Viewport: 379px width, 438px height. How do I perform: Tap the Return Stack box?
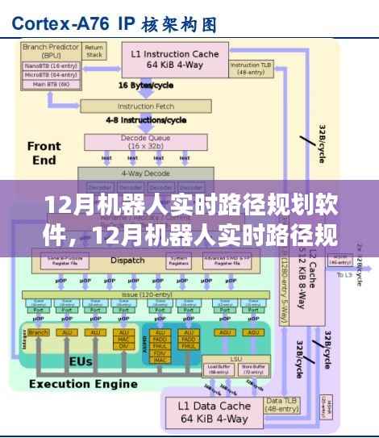tap(94, 52)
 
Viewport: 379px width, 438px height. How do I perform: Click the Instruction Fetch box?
tap(146, 106)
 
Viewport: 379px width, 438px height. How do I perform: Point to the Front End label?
tap(44, 153)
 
